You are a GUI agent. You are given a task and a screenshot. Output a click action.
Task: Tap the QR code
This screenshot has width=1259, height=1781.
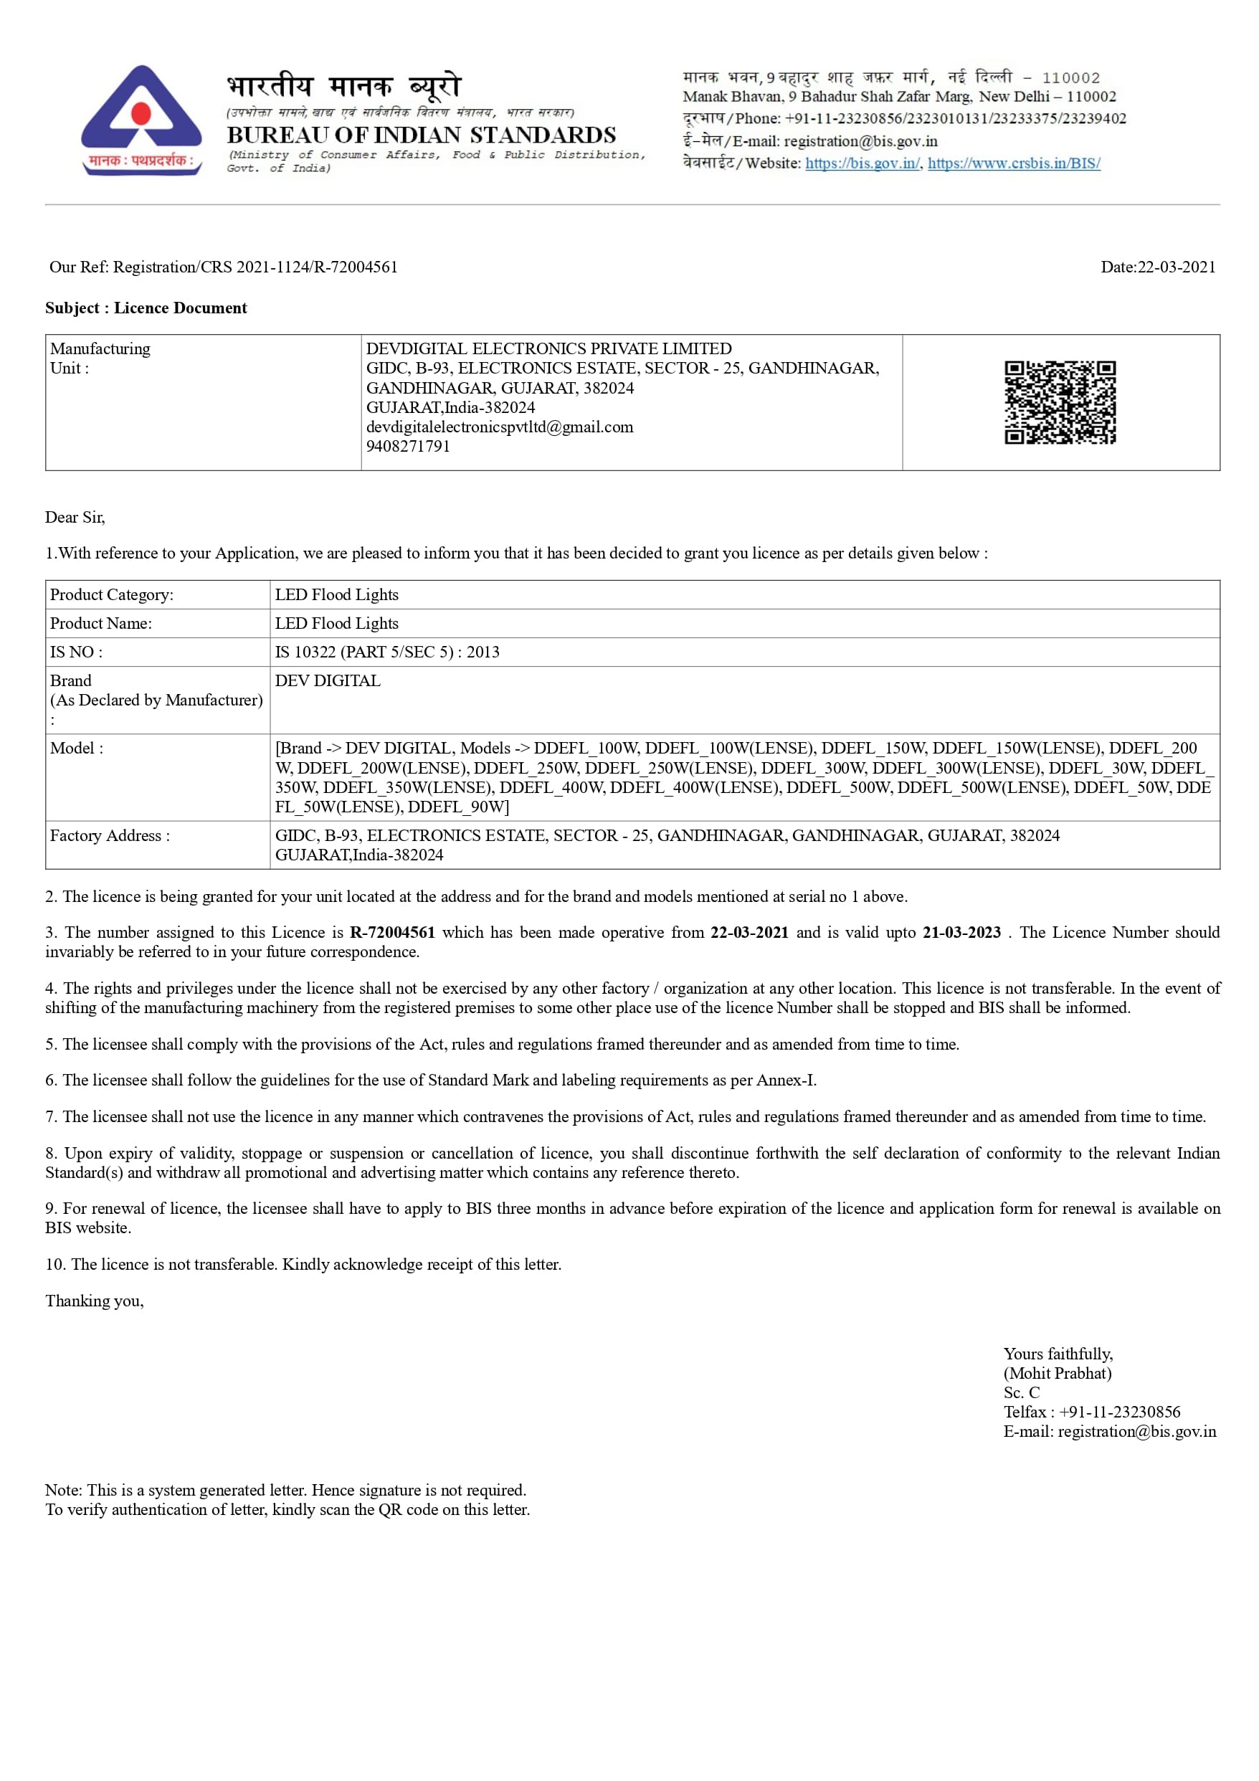click(1060, 402)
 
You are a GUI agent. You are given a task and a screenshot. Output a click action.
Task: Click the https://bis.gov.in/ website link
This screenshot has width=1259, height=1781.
click(862, 163)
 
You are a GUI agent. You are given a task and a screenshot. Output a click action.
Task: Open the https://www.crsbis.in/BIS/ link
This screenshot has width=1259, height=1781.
click(1013, 163)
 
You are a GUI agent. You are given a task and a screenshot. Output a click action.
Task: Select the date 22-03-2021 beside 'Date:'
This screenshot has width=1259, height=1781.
click(1176, 267)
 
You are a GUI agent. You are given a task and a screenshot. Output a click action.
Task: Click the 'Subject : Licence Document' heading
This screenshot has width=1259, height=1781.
click(146, 308)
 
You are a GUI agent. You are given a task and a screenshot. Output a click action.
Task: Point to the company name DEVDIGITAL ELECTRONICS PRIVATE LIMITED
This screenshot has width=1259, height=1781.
click(548, 348)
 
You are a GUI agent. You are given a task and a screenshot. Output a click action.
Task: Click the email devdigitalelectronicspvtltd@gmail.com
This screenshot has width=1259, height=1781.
click(500, 427)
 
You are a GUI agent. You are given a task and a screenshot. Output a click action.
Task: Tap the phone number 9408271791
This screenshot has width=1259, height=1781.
click(408, 446)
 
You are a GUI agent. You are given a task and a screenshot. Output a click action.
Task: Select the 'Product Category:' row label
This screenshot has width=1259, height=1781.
click(112, 595)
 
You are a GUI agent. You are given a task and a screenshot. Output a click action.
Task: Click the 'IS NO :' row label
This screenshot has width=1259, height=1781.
click(76, 652)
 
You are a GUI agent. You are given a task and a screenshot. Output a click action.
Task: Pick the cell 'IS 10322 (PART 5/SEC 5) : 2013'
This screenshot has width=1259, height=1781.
click(387, 652)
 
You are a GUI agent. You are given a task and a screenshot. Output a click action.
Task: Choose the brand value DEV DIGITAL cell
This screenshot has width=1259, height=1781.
click(328, 681)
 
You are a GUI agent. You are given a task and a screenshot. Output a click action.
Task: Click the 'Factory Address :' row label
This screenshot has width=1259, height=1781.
click(110, 835)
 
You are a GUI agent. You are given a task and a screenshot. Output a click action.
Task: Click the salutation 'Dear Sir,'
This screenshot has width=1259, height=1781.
click(75, 518)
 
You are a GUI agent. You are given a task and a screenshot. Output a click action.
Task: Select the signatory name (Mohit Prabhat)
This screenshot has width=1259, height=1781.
click(1058, 1373)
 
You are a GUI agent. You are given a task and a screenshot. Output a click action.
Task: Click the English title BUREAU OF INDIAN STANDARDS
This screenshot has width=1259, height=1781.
click(421, 135)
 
